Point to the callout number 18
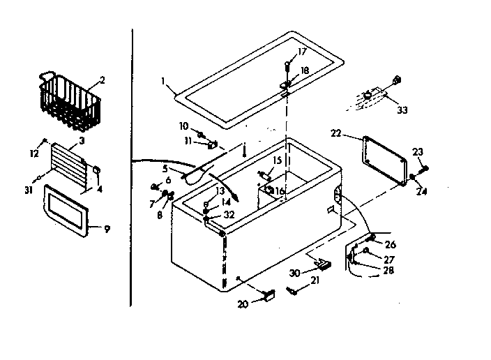pos(304,72)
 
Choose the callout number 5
pos(165,167)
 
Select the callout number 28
pos(388,270)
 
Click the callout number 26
pos(389,244)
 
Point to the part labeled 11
pos(211,145)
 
